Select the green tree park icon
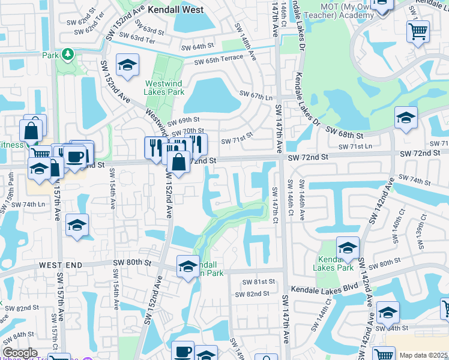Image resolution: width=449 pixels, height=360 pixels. pyautogui.click(x=67, y=55)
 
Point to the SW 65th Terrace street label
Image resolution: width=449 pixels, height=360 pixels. pyautogui.click(x=218, y=58)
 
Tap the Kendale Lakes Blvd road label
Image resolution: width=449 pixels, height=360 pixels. pyautogui.click(x=322, y=289)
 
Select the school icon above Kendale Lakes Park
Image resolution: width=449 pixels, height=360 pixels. pyautogui.click(x=348, y=247)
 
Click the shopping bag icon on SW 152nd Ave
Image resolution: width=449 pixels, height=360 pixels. pyautogui.click(x=178, y=162)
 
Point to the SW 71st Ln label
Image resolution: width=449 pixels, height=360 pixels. pyautogui.click(x=355, y=146)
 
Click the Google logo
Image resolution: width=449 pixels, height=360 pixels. pyautogui.click(x=20, y=353)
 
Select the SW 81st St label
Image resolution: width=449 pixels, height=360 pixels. pyautogui.click(x=259, y=281)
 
